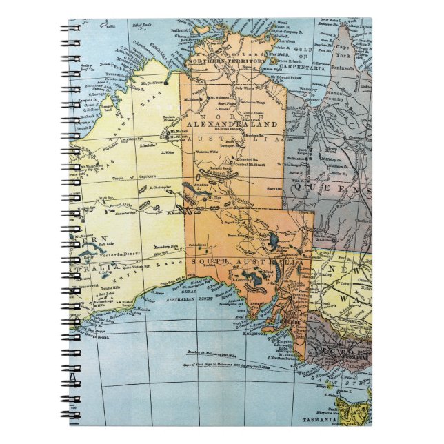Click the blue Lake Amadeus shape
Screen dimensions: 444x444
coord(190,189)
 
